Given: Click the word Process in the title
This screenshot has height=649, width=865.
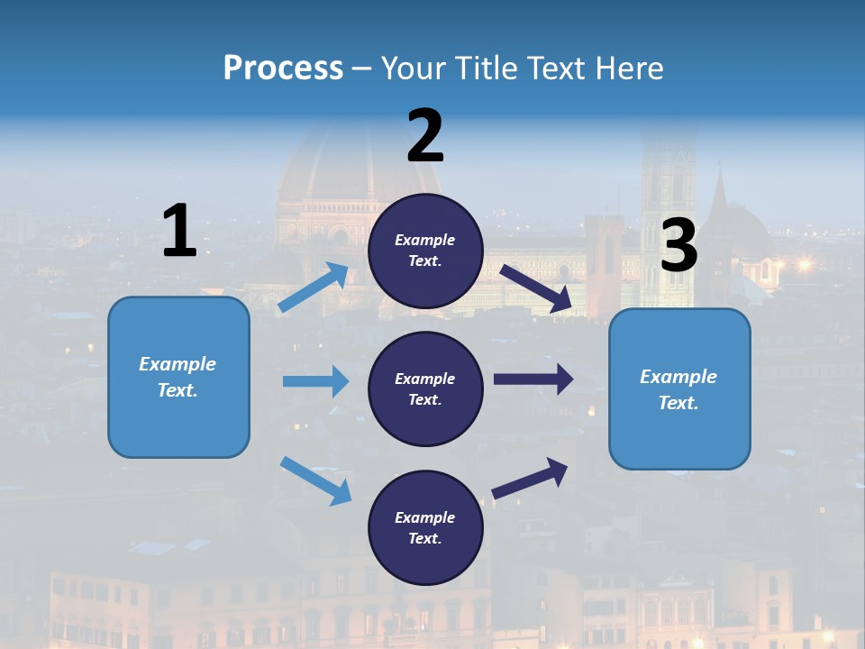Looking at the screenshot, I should coord(283,69).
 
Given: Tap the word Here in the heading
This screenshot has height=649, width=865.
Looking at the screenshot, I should coord(628,69).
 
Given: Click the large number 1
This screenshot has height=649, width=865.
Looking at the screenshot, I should coord(179,231).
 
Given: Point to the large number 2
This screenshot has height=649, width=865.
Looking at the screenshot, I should coord(425,136).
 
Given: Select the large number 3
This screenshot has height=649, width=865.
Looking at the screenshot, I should coord(678,246).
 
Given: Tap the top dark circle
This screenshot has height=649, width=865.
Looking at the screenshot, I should coord(425,251).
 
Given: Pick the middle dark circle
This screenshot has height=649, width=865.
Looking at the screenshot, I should coord(425,388).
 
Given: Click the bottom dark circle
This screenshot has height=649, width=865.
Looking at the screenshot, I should coord(425,527).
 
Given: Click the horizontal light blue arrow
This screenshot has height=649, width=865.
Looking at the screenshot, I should coord(315,381).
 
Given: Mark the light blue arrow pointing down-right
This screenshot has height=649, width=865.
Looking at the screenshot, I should coord(315,480).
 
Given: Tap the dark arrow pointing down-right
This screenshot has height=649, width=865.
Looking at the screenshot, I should coord(535,288).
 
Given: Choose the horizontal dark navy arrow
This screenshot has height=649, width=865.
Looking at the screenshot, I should coord(533,379).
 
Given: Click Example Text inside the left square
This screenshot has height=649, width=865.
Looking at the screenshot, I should coord(178,377).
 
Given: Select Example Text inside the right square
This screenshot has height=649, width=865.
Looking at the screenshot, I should coord(678,389).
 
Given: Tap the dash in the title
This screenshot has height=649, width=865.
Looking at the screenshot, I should coord(361,69).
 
